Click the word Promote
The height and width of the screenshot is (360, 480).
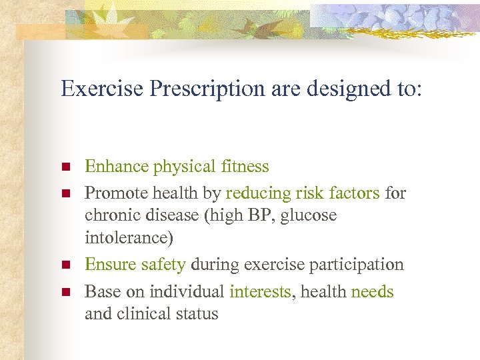[115, 193]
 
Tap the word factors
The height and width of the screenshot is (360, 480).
[353, 193]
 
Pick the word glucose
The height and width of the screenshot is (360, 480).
[311, 216]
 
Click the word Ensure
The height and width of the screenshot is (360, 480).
[111, 265]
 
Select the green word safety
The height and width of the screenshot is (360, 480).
[163, 265]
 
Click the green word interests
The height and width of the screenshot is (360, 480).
[260, 291]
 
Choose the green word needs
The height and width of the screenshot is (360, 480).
[372, 291]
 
